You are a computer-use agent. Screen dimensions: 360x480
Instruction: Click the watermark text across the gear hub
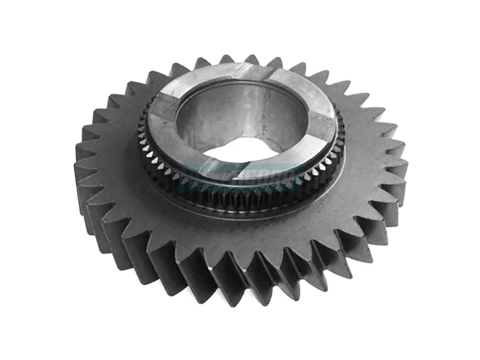point(240,176)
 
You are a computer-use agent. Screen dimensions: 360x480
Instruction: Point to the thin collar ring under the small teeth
point(240,212)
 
